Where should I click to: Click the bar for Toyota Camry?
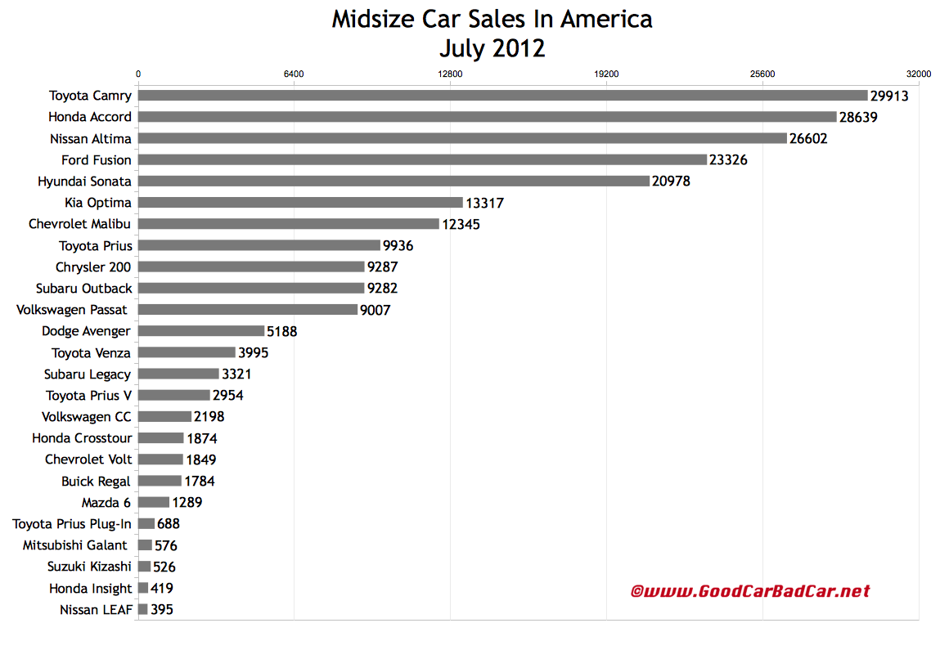502,96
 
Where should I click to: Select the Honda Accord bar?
487,117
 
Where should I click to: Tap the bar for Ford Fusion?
422,159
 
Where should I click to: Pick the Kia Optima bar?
300,203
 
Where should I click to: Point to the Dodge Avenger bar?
201,331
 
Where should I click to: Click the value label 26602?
808,139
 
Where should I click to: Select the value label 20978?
671,182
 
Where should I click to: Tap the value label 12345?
461,224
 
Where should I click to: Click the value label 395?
162,609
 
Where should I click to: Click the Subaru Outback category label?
83,288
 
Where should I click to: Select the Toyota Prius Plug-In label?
72,523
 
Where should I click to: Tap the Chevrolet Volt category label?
88,459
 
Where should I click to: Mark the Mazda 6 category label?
106,502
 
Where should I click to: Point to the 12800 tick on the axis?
450,74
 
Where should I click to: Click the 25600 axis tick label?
762,74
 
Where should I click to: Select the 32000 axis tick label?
918,74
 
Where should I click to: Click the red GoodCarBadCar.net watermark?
750,590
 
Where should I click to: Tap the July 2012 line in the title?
492,48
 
